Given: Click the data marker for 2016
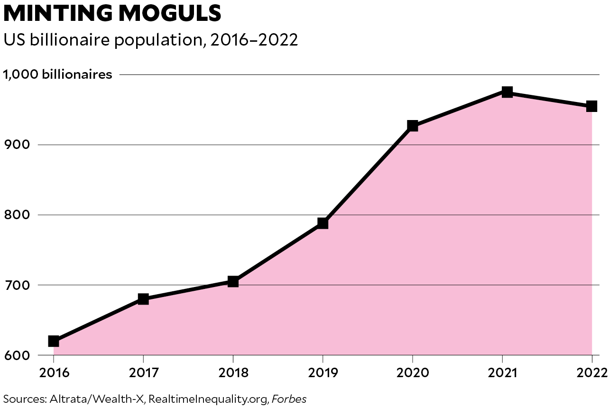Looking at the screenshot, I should coord(54,341).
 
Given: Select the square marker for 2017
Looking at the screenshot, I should coord(143,299).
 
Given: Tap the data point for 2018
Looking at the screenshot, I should coord(233,282).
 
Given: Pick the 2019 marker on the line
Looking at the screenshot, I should coord(323,223).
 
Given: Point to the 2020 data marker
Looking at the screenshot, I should coord(413,126).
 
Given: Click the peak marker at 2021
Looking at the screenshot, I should coord(507,92).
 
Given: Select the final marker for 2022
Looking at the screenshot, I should coord(591,106).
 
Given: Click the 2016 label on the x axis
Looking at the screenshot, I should coord(54,371).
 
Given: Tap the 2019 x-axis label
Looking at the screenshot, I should coord(323,371).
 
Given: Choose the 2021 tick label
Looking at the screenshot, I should coord(502,371).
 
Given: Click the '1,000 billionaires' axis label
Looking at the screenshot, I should coord(58,74).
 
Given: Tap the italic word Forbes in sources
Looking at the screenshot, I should coord(289,399).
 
